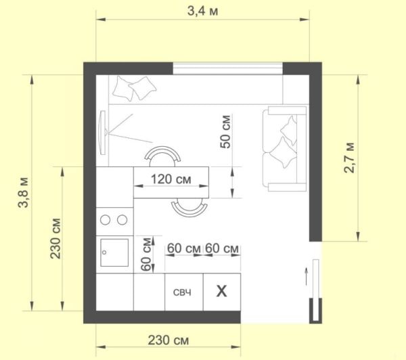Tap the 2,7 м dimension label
click(x=349, y=158)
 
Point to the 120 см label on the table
click(x=171, y=180)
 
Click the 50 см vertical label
click(x=226, y=131)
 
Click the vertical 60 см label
click(x=144, y=254)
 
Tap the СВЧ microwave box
click(x=182, y=292)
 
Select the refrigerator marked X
click(x=221, y=292)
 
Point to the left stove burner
click(x=105, y=219)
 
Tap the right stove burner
click(x=122, y=219)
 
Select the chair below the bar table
click(x=188, y=206)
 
